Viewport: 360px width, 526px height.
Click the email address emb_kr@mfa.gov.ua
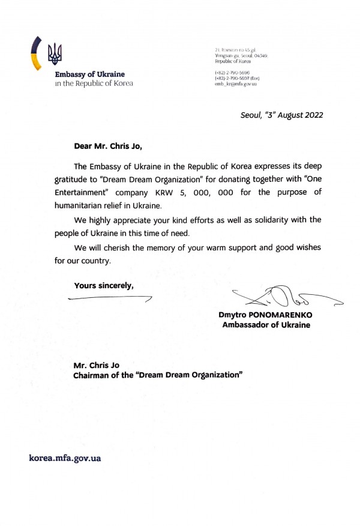(x=235, y=84)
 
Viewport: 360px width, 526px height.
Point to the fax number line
(x=237, y=79)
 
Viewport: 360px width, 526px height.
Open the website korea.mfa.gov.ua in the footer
(x=65, y=458)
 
